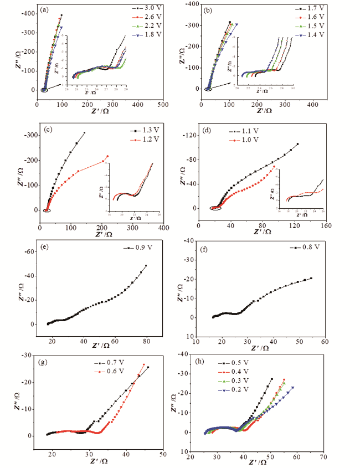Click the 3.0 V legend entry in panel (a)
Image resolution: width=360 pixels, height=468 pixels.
tap(147, 9)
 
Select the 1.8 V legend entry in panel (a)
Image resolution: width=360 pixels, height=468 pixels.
tap(147, 36)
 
